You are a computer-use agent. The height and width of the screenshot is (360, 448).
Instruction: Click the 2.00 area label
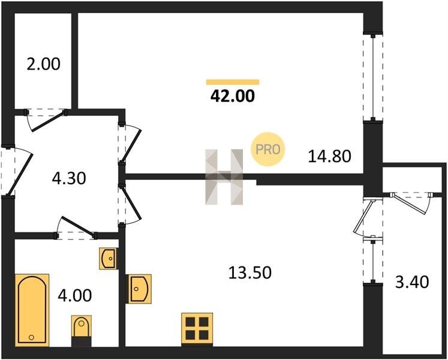(43, 64)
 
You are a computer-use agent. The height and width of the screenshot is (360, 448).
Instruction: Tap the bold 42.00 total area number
(232, 96)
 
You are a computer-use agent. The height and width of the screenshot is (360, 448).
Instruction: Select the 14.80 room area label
(329, 157)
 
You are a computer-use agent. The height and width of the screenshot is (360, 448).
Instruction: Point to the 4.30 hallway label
(69, 178)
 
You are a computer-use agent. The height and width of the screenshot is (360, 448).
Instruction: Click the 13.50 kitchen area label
(250, 272)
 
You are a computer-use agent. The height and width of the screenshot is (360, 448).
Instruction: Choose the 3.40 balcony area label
(412, 282)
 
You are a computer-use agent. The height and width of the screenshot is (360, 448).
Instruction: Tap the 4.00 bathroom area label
(75, 295)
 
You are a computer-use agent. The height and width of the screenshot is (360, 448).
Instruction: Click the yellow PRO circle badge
(267, 149)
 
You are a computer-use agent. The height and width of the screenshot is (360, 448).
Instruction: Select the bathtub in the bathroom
(32, 311)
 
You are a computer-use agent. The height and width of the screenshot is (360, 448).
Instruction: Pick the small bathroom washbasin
(109, 259)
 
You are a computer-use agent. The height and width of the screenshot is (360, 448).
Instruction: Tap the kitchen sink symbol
(139, 289)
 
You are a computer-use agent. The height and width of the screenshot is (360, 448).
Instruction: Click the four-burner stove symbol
(197, 329)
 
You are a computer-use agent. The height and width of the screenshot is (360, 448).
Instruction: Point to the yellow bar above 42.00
(233, 82)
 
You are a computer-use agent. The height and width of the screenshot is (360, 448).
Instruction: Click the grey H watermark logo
(224, 177)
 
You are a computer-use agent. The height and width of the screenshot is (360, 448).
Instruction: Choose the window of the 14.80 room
(373, 77)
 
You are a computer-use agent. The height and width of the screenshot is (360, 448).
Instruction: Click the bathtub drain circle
(31, 337)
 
